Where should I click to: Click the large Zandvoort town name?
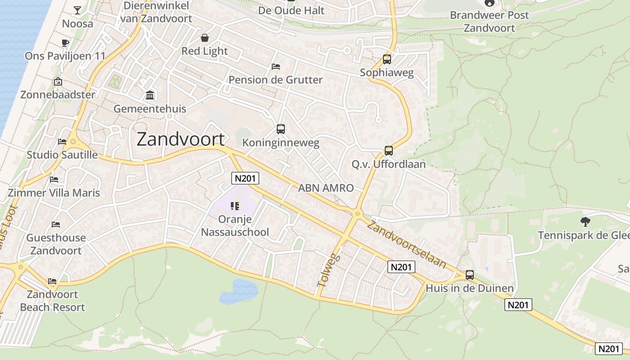click(x=180, y=139)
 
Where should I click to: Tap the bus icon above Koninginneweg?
click(x=281, y=130)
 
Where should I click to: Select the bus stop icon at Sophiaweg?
click(x=387, y=59)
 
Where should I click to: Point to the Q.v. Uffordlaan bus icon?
click(x=389, y=151)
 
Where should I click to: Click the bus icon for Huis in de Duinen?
click(x=470, y=274)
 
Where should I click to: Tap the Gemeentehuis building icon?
click(x=150, y=95)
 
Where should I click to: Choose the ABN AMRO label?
click(x=326, y=188)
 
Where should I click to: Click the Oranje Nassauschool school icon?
click(x=234, y=206)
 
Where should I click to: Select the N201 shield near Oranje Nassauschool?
click(x=245, y=178)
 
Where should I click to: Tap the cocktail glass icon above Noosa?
click(x=77, y=10)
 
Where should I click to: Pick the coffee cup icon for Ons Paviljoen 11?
click(x=65, y=43)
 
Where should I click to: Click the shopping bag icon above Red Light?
click(x=205, y=38)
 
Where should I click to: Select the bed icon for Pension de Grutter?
click(x=276, y=67)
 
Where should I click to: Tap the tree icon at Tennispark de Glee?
click(x=585, y=221)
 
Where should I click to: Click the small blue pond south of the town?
click(x=238, y=291)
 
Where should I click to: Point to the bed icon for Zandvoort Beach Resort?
click(x=52, y=281)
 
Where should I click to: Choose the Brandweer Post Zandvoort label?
click(x=489, y=21)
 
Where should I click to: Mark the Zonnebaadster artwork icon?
click(x=58, y=82)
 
